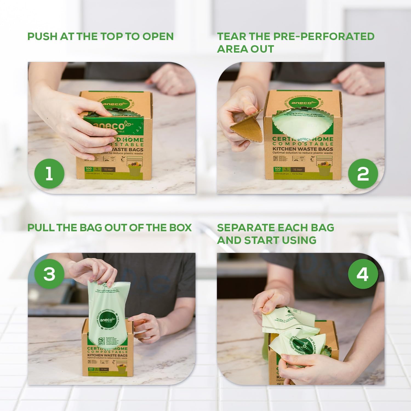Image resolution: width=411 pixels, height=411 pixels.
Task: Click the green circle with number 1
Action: click(x=49, y=173)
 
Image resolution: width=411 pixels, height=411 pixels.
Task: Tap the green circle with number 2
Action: click(x=363, y=173)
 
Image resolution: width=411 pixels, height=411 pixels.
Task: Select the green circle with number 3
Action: click(x=49, y=274)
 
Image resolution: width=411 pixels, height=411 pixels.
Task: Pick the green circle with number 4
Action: click(x=363, y=274)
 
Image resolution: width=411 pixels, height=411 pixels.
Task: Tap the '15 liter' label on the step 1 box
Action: click(x=108, y=170)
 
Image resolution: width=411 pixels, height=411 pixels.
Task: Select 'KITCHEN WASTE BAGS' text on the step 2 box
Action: click(x=302, y=149)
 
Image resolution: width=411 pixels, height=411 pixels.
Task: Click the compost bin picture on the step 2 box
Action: click(x=325, y=169)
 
